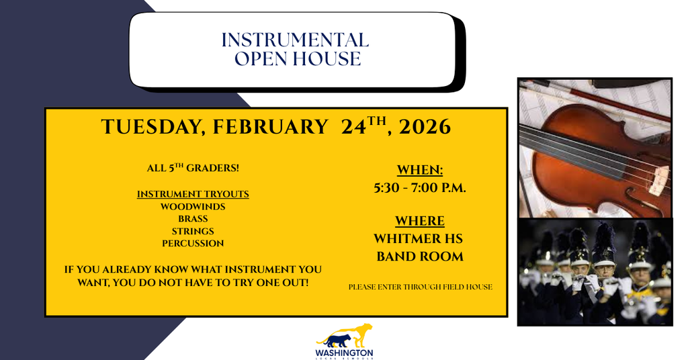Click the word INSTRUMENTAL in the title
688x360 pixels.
click(x=295, y=40)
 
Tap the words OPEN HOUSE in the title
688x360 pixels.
click(x=297, y=59)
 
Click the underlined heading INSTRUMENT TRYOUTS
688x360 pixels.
click(x=193, y=194)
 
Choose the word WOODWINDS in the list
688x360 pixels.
click(x=193, y=206)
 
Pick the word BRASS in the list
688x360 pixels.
click(x=193, y=218)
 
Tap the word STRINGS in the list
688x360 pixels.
click(x=193, y=231)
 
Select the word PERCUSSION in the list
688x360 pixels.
click(x=193, y=243)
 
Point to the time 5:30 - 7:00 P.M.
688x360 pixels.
click(x=420, y=188)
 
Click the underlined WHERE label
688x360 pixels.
click(x=420, y=221)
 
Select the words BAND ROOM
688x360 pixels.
click(x=420, y=256)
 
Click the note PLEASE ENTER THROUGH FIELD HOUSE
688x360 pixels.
click(x=420, y=287)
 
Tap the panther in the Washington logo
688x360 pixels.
click(x=346, y=334)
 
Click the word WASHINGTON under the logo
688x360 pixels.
click(x=344, y=352)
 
